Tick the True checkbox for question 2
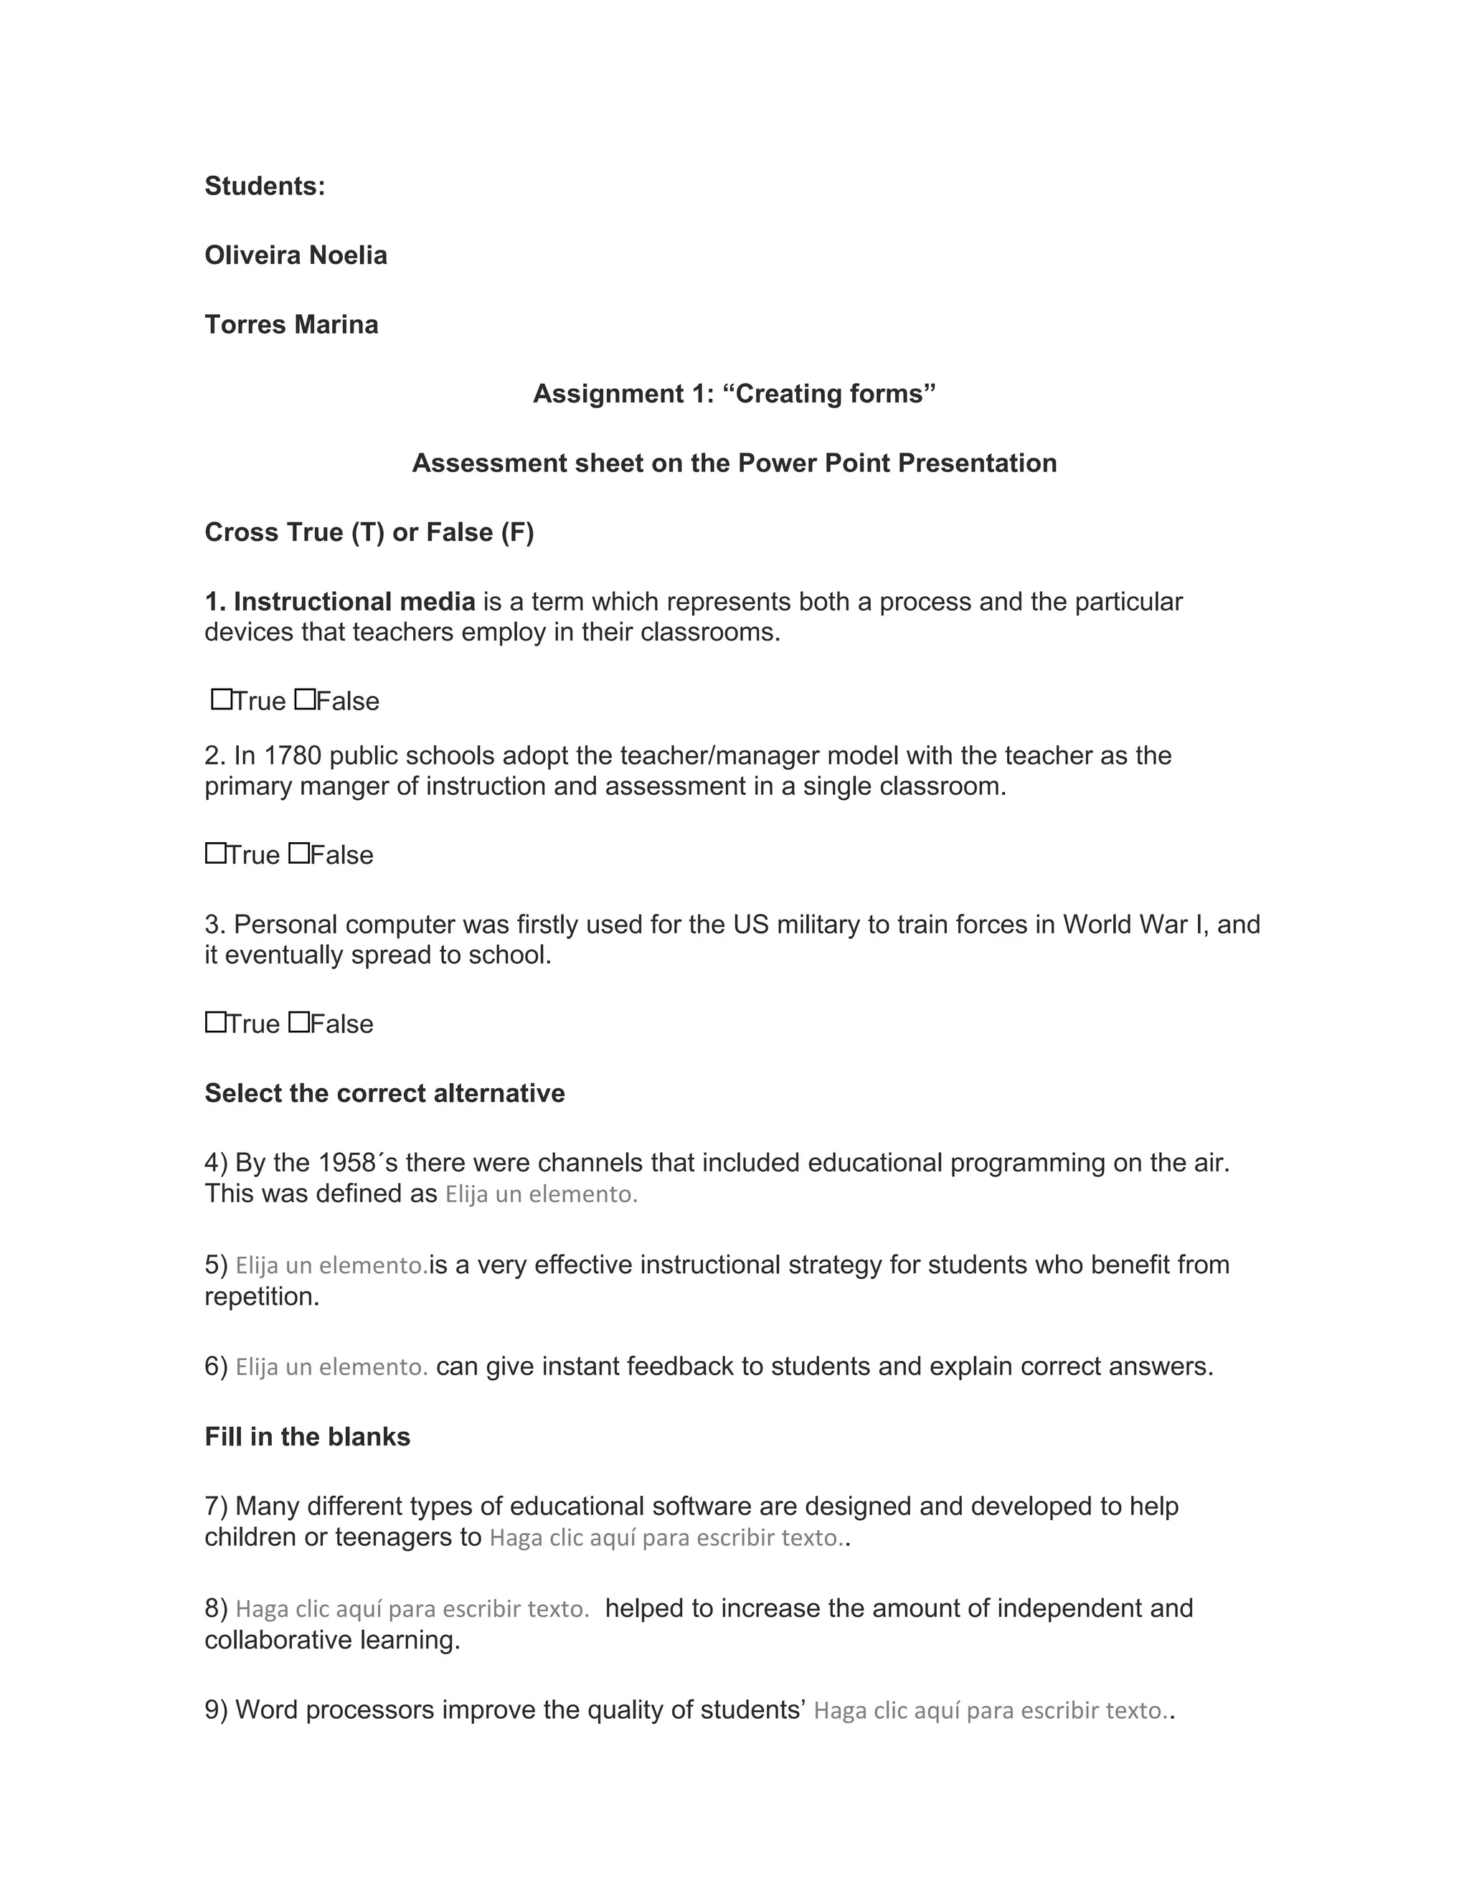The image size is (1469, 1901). [x=216, y=853]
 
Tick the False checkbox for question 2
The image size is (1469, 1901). [x=298, y=853]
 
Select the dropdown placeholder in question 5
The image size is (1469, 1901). [x=331, y=1265]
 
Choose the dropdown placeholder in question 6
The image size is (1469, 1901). [x=331, y=1367]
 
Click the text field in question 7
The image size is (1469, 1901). [x=666, y=1538]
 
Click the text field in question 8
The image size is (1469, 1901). [x=412, y=1608]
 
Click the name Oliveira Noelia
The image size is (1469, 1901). [x=296, y=255]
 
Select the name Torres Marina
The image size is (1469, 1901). [x=291, y=325]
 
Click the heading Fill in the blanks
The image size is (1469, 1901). [x=307, y=1436]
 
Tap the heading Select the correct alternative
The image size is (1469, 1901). [x=384, y=1093]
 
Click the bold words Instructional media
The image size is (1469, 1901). [x=354, y=601]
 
